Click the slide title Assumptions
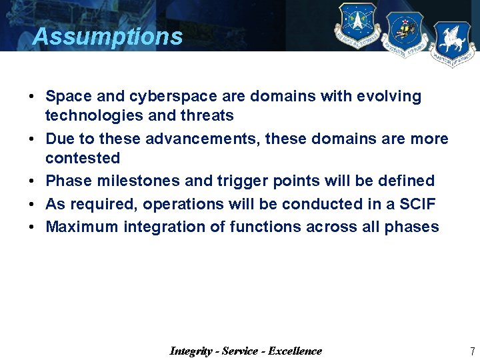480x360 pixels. (107, 36)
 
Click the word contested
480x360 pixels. (83, 159)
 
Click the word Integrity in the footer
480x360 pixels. (192, 351)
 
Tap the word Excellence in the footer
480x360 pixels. (295, 351)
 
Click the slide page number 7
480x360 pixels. (472, 351)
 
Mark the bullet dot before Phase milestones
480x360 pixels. (32, 181)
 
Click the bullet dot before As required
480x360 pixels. (32, 204)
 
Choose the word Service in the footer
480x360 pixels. (240, 351)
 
